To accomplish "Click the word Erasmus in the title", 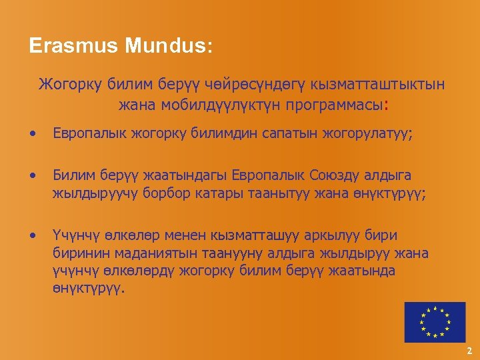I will click(x=73, y=47).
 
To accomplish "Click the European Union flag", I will click(x=435, y=322).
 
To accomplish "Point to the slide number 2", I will click(x=469, y=351).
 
